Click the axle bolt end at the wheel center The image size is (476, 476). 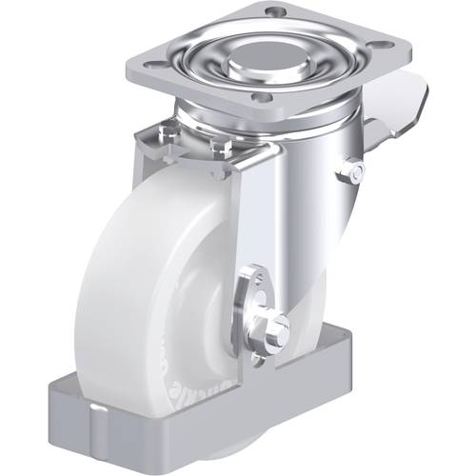[x=279, y=328]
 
